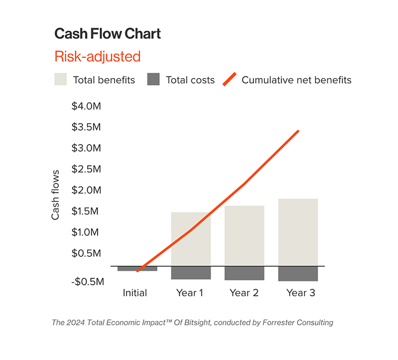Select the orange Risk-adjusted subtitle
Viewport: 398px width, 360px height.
click(x=97, y=56)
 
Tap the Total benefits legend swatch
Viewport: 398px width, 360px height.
click(x=60, y=80)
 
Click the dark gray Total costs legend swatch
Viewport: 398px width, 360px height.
click(x=153, y=80)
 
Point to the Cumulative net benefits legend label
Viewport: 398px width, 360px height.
click(x=296, y=80)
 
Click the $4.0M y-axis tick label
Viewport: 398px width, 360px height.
click(x=86, y=106)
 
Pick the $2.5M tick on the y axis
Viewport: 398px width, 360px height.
click(x=86, y=169)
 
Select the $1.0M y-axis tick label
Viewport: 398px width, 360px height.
click(x=86, y=232)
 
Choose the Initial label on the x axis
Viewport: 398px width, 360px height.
click(x=135, y=293)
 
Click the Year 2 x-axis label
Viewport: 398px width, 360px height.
click(x=244, y=293)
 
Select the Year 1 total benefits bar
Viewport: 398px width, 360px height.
click(x=191, y=239)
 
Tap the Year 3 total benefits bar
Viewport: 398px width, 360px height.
click(x=298, y=232)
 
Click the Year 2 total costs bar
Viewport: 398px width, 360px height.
click(x=244, y=273)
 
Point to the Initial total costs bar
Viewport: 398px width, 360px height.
click(x=137, y=268)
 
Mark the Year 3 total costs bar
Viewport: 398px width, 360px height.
click(x=298, y=273)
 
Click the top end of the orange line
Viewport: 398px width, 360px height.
click(x=298, y=131)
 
